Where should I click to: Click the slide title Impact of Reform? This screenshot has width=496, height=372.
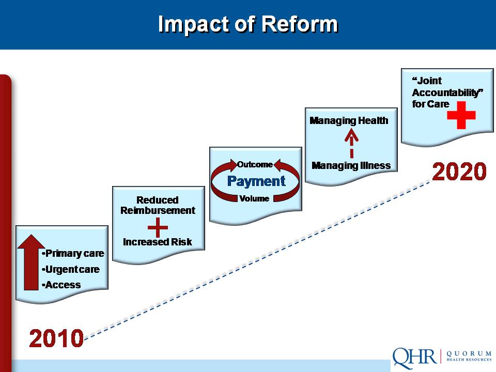(x=248, y=24)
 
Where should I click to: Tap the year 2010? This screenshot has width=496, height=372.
(x=56, y=338)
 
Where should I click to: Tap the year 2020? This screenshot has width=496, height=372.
(x=459, y=172)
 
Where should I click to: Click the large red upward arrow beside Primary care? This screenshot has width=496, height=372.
(x=31, y=262)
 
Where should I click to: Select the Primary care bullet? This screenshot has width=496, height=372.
(x=73, y=253)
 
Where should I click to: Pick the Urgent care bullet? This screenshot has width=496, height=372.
(x=71, y=269)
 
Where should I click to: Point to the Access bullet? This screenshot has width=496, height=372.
(x=61, y=285)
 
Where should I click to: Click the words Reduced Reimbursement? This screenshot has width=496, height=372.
(x=158, y=205)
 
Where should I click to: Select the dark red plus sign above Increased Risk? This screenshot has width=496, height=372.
(x=158, y=227)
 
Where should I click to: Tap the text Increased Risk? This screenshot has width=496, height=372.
(x=158, y=242)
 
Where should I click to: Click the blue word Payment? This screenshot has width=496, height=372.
(x=256, y=181)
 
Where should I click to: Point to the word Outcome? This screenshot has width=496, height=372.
(x=255, y=164)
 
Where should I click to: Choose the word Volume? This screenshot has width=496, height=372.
(x=254, y=198)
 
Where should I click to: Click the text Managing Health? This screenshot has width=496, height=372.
(x=349, y=121)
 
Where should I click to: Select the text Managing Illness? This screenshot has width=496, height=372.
(x=351, y=165)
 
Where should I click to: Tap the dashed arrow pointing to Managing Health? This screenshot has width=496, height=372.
(x=351, y=144)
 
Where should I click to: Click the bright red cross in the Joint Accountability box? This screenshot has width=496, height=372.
(x=461, y=115)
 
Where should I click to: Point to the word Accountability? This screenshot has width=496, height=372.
(x=447, y=92)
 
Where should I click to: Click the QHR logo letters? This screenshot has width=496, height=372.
(x=415, y=358)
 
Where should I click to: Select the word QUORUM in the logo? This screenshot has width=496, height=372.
(x=469, y=353)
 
